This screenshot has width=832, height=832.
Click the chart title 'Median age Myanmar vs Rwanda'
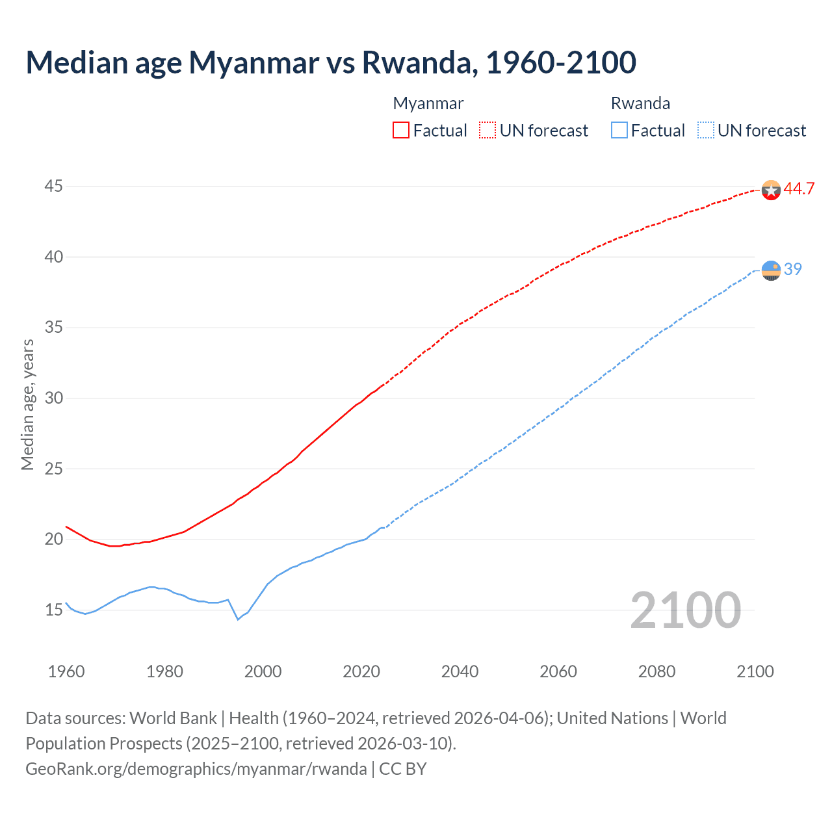tap(330, 63)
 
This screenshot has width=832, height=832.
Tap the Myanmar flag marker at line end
tap(771, 190)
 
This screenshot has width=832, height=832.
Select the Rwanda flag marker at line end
tap(771, 270)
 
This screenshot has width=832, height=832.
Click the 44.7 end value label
tap(799, 189)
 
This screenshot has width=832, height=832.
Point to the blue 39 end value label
tap(793, 269)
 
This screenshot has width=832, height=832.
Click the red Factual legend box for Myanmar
tap(401, 130)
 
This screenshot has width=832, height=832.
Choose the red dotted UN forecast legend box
tap(487, 130)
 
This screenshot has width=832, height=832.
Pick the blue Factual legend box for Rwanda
tap(619, 130)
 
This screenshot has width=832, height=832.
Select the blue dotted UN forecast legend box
tap(706, 130)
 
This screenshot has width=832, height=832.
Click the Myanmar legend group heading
tap(428, 103)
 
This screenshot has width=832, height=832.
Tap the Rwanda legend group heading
tap(640, 103)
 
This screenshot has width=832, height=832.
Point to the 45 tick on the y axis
tap(53, 187)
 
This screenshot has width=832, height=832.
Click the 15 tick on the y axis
tap(53, 610)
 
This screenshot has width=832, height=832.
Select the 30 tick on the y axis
tap(53, 398)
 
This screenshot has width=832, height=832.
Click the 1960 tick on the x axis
tap(66, 671)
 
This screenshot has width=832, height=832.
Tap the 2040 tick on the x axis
tap(460, 671)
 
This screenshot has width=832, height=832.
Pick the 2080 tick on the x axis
tap(656, 671)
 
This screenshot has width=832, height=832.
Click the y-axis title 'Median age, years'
tap(28, 404)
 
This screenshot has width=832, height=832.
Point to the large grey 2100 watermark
tap(685, 610)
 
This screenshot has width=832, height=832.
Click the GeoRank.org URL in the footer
tap(196, 769)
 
